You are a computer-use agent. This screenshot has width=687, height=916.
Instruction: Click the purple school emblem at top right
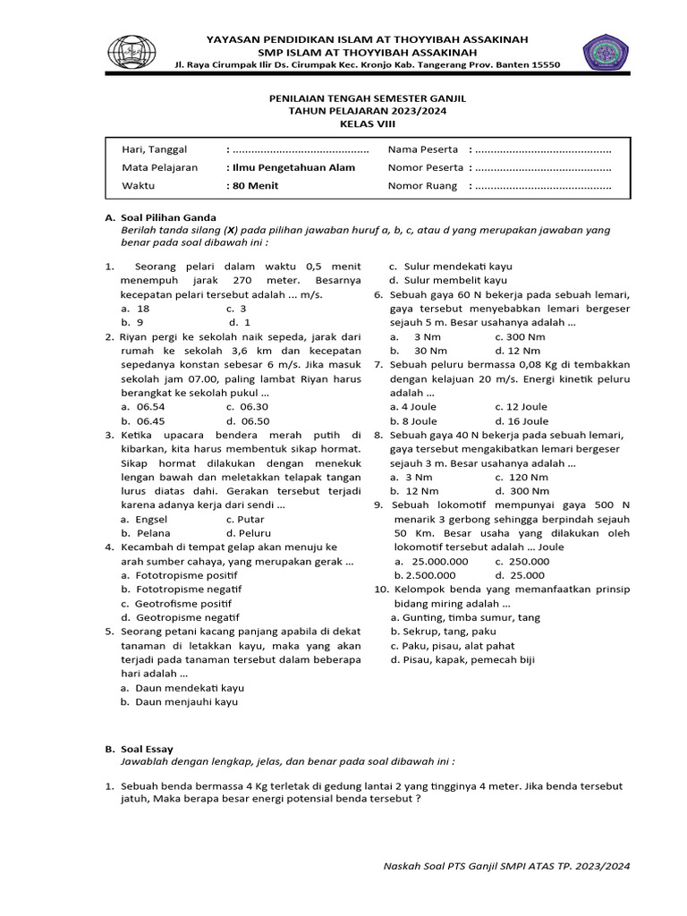[x=606, y=52]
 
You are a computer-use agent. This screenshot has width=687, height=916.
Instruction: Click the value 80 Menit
[x=253, y=185]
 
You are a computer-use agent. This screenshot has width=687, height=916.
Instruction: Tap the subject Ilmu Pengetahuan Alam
[x=291, y=167]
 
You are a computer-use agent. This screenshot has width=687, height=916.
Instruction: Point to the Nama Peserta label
[x=423, y=149]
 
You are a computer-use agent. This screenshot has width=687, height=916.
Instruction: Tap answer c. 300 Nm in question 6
[x=522, y=336]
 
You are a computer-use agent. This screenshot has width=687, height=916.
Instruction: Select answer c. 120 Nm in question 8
[x=522, y=477]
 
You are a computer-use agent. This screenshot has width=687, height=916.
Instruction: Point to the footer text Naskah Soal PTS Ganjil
[x=506, y=865]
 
